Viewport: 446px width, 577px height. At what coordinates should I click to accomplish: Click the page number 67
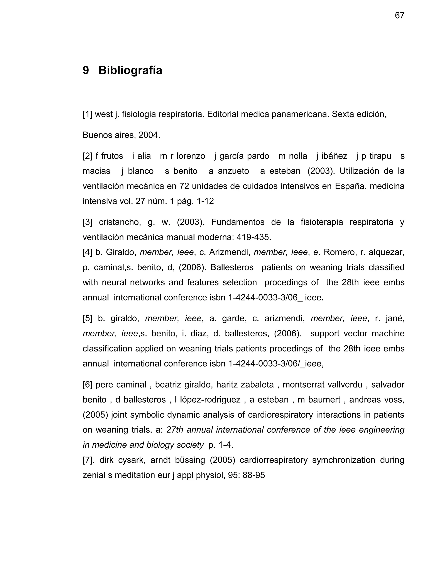(399, 16)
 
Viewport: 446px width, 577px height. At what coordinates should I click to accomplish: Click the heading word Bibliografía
(130, 71)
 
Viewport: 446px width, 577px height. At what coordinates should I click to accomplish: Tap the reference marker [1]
(88, 114)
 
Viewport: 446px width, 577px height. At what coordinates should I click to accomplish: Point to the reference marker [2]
(88, 156)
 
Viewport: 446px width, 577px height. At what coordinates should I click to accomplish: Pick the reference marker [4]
(88, 252)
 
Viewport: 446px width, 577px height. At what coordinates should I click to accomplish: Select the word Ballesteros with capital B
(232, 267)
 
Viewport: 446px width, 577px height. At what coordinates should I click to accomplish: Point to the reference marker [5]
(88, 318)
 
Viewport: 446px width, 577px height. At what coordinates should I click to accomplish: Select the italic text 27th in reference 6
(175, 430)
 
